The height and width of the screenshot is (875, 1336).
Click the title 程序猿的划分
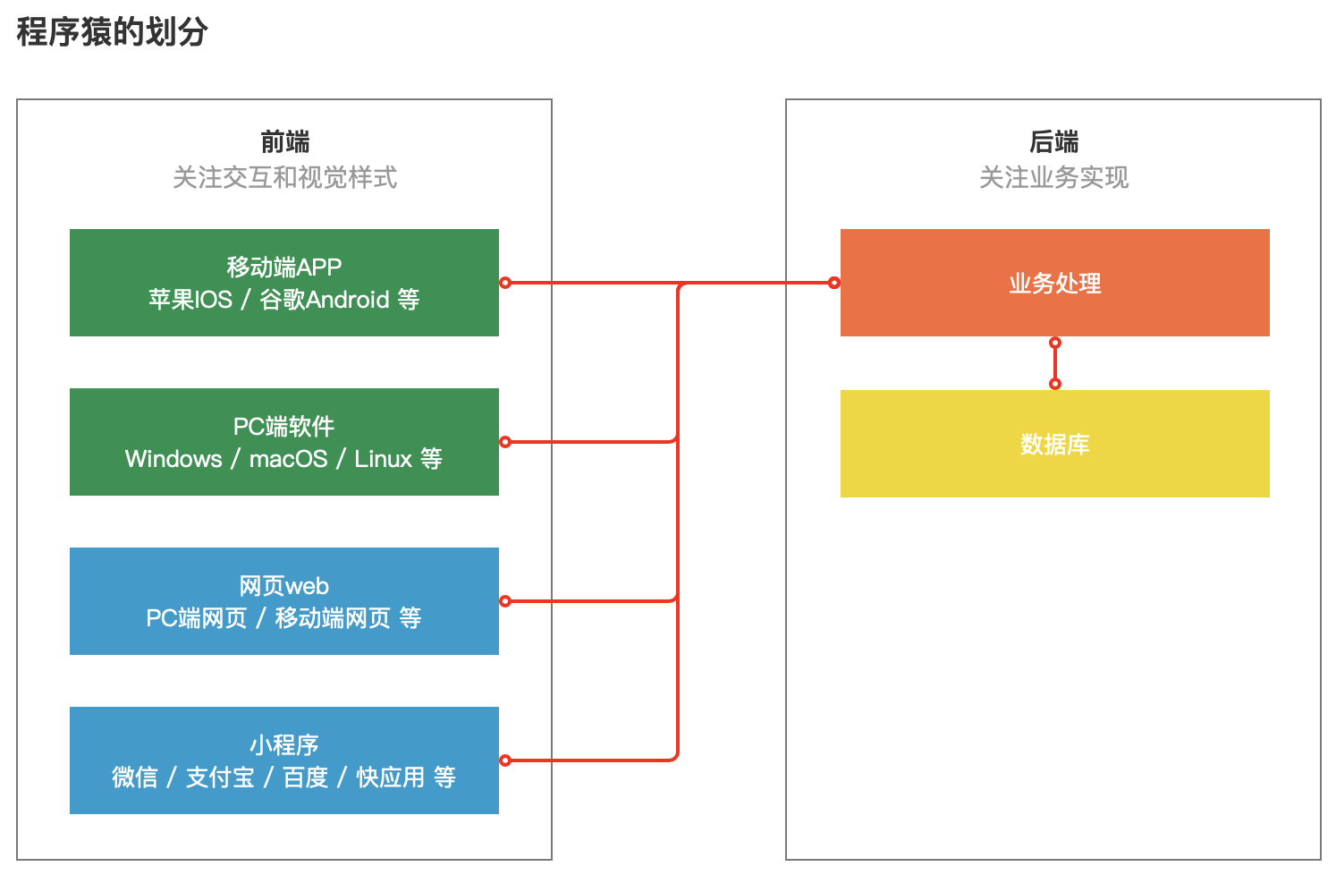(113, 31)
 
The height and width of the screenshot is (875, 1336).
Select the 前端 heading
(284, 141)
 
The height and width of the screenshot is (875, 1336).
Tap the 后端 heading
(1053, 141)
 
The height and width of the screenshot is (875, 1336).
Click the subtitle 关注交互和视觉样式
(284, 177)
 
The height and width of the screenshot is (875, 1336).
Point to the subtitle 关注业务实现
(1053, 177)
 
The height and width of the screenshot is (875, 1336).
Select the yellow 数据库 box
(1054, 444)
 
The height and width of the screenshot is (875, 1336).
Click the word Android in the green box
(348, 300)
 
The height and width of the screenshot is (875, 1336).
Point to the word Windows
(173, 459)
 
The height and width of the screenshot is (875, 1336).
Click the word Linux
(383, 459)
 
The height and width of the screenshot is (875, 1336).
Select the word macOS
(288, 459)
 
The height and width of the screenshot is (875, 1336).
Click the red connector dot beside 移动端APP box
(505, 283)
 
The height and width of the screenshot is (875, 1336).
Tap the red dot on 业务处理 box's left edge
(834, 283)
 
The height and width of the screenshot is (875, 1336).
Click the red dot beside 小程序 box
(505, 760)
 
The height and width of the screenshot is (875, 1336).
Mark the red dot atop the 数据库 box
(1055, 384)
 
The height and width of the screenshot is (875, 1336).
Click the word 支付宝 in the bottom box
(220, 777)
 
